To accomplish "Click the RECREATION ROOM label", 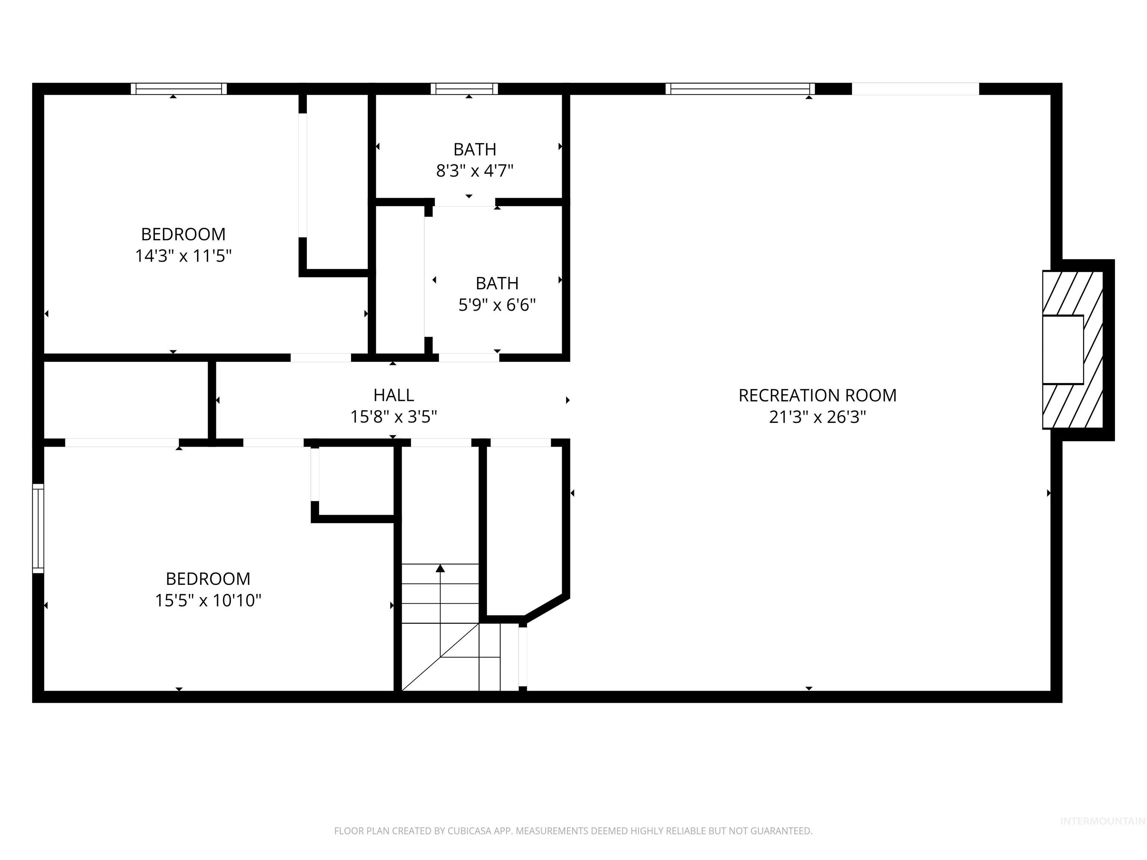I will point(817,396).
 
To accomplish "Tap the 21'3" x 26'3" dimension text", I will point(817,417).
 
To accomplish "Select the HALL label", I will point(394,395).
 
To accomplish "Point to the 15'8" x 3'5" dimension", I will point(394,417).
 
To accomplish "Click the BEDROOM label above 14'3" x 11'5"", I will point(183,234).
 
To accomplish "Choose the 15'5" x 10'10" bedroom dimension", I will point(208,600).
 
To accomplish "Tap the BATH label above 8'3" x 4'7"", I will point(475,149).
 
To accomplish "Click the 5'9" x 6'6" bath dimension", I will point(497,305).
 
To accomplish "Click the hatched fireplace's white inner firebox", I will point(1063,349).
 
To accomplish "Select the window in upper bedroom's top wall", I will point(178,88).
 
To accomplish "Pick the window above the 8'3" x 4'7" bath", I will point(464,88).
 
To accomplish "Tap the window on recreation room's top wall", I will point(740,88).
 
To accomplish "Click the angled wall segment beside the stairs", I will point(547,607).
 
